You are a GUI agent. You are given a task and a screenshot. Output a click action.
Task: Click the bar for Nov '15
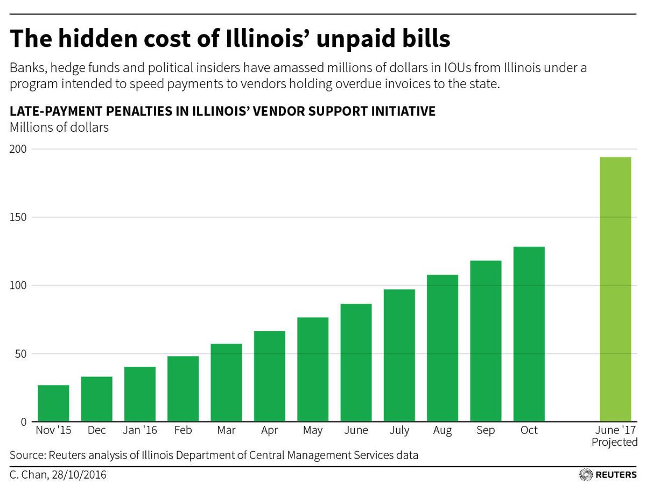pyautogui.click(x=53, y=403)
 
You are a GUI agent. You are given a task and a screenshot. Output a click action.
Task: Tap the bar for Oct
pyautogui.click(x=529, y=334)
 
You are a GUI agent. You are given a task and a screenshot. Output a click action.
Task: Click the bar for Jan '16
pyautogui.click(x=140, y=394)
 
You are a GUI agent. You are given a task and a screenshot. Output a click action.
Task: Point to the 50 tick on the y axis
pyautogui.click(x=20, y=354)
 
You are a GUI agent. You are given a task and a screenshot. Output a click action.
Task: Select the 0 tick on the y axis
pyautogui.click(x=23, y=422)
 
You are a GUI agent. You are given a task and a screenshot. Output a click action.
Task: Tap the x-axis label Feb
pyautogui.click(x=183, y=431)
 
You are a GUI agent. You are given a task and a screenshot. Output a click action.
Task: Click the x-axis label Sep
pyautogui.click(x=486, y=431)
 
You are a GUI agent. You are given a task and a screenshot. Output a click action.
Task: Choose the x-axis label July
pyautogui.click(x=399, y=431)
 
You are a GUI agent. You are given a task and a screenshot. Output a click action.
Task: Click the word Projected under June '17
pyautogui.click(x=614, y=443)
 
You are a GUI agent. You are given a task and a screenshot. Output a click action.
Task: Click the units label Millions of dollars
pyautogui.click(x=59, y=127)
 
